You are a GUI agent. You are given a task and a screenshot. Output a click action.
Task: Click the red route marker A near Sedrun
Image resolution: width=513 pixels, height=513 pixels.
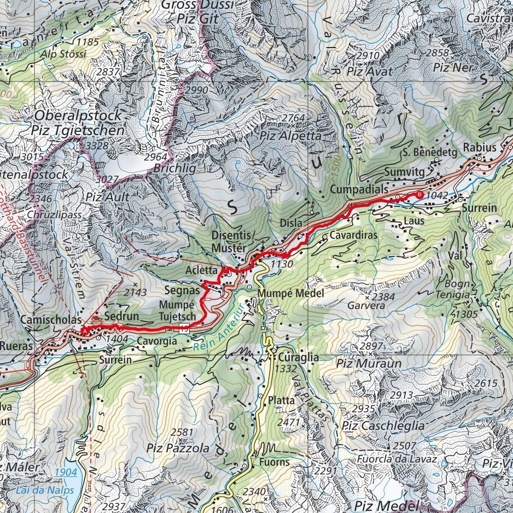tap(84, 330)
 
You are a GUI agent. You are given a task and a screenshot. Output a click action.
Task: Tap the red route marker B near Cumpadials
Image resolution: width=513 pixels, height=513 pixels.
tap(419, 195)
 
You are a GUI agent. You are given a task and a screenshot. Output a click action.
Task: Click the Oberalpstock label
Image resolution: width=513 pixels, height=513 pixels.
tap(78, 116)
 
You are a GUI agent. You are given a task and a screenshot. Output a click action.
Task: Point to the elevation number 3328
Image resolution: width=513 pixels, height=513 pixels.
tap(96, 145)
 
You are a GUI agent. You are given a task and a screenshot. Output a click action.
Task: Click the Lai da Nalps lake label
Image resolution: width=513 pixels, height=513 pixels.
tap(45, 489)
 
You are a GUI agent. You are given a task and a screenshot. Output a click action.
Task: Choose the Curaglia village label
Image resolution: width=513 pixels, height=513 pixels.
tap(298, 357)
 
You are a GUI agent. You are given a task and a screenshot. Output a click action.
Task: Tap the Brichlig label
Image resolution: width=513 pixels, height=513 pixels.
tap(174, 169)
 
